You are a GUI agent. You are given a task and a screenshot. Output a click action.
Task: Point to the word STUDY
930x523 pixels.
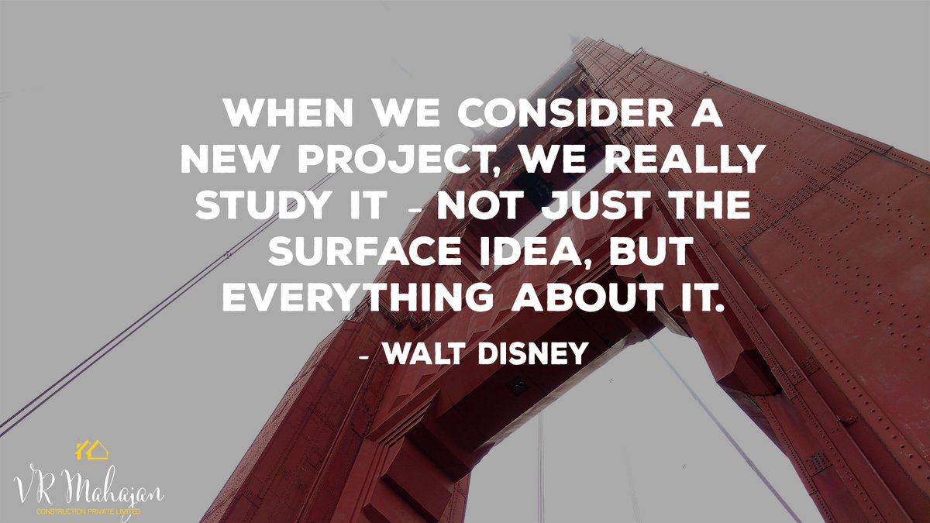pyautogui.click(x=253, y=205)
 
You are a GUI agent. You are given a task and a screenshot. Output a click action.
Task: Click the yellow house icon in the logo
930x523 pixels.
pyautogui.click(x=91, y=450)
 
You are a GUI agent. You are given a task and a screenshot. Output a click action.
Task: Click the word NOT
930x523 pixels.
pyautogui.click(x=483, y=205)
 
